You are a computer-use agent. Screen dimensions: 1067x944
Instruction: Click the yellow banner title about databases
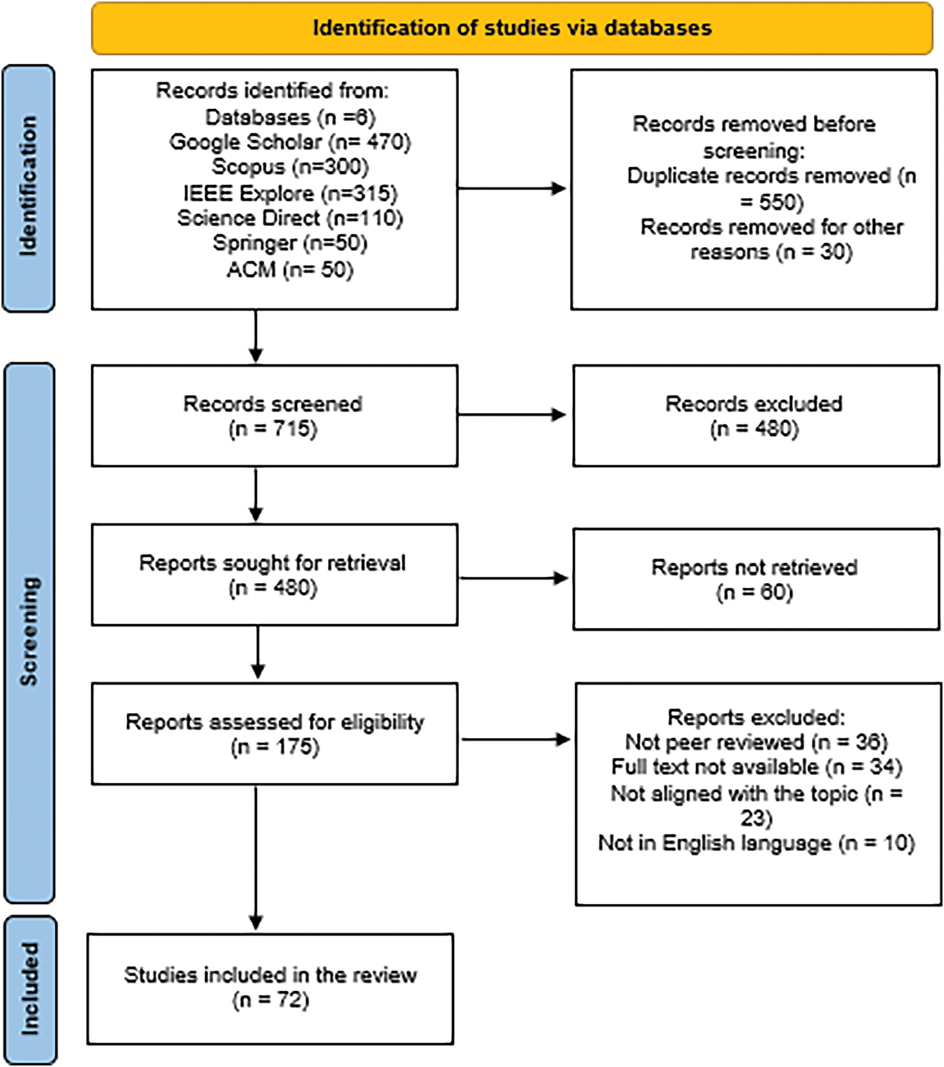[512, 28]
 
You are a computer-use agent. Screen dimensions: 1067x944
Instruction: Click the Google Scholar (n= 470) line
[290, 142]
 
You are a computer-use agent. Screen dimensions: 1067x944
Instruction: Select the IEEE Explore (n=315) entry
[290, 193]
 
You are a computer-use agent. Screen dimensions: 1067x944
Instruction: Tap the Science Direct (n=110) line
[290, 218]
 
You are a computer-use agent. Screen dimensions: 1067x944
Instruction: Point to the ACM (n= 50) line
[290, 269]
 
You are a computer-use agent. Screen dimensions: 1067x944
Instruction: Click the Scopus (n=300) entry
[290, 167]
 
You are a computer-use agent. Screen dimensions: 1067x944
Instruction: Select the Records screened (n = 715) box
[274, 416]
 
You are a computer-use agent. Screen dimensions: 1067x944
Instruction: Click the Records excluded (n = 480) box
[755, 416]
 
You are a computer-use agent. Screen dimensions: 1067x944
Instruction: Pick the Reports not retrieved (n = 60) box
[755, 579]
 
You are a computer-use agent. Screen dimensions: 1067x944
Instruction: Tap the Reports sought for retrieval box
[274, 574]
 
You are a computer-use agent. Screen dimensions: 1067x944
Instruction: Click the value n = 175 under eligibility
[275, 747]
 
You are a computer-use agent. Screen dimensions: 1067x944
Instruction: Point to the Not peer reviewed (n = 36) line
[756, 742]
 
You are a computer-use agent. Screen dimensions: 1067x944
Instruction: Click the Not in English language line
[756, 843]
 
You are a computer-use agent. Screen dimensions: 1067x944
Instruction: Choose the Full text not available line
[756, 767]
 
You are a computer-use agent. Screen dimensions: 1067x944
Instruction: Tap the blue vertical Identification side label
[29, 187]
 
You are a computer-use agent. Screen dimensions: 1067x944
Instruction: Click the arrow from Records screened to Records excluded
[511, 415]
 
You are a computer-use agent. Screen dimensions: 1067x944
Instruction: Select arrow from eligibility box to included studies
[256, 855]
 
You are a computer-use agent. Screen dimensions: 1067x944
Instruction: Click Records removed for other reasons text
[771, 240]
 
